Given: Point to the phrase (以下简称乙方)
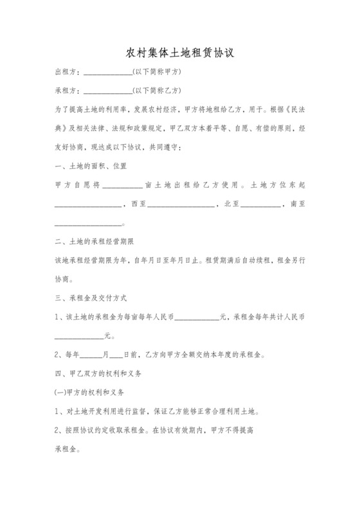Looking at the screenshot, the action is click(156, 89).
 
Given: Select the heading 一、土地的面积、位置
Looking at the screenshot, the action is click(91, 165).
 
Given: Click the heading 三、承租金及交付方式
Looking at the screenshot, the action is click(91, 298).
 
